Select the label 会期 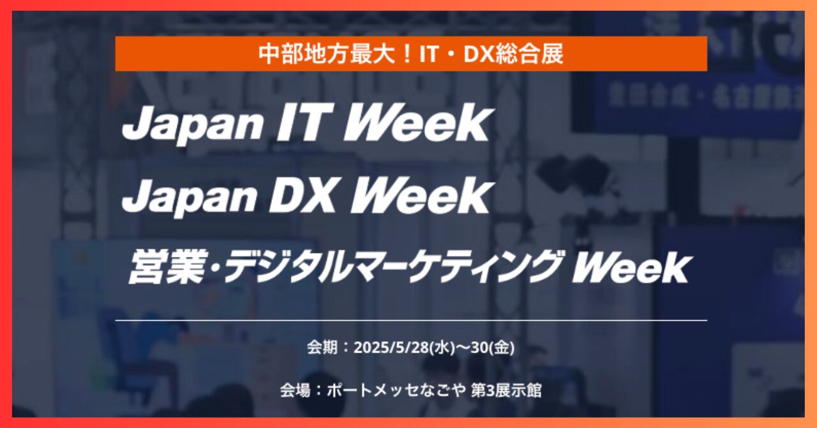pos(322,348)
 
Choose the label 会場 pos(295,390)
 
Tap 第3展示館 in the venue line pos(506,390)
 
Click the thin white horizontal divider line pos(411,320)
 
